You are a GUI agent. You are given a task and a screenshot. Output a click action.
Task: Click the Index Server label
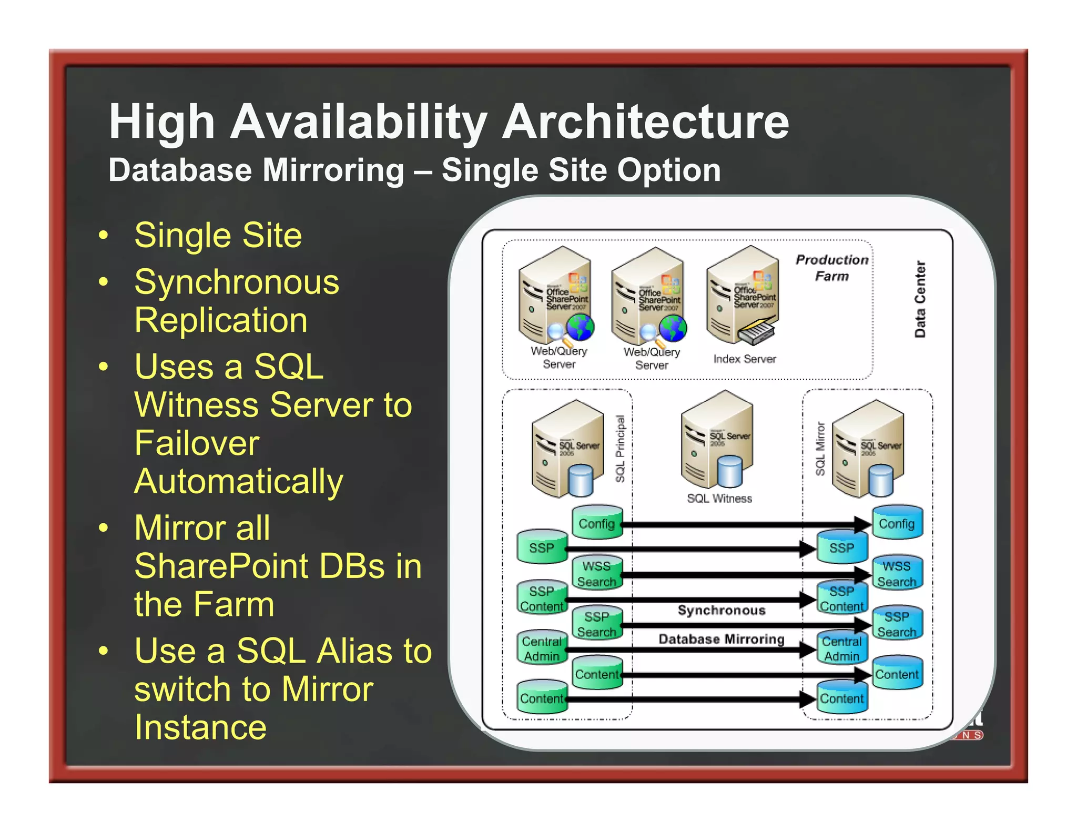click(744, 359)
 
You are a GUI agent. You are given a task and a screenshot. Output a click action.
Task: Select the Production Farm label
click(831, 268)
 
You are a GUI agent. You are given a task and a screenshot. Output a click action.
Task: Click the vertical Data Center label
click(920, 299)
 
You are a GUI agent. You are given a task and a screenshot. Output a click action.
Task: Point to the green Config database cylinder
click(597, 523)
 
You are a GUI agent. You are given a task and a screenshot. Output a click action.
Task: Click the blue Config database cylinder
click(897, 523)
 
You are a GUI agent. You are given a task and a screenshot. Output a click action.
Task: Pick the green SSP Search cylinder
click(597, 624)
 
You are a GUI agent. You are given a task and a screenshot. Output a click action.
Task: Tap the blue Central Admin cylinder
click(841, 648)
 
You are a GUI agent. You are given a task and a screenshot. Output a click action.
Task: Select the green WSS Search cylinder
click(597, 574)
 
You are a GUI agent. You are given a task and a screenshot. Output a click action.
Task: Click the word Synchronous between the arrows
click(721, 610)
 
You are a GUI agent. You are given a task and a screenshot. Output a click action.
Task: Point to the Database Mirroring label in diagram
click(721, 639)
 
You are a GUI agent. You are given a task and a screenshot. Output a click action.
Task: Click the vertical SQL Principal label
click(620, 449)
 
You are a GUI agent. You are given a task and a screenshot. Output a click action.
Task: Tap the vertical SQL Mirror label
click(820, 449)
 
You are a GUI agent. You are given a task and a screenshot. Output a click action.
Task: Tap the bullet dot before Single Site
click(104, 235)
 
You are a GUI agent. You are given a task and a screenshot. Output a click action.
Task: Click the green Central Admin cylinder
click(542, 648)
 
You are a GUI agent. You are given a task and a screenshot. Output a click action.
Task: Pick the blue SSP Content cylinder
click(841, 598)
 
